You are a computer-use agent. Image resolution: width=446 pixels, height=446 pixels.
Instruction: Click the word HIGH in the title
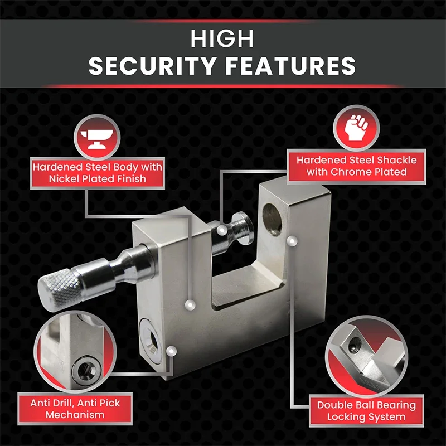tap(222, 40)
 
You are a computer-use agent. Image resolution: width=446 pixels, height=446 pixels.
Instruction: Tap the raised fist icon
tap(355, 129)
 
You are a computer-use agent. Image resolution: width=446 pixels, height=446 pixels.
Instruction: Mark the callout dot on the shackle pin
tap(222, 229)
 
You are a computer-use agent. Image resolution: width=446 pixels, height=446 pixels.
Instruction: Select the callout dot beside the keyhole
tap(171, 351)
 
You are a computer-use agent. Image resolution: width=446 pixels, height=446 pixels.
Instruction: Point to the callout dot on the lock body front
tap(190, 304)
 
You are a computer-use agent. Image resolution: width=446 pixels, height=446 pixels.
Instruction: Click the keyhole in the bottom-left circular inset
tap(85, 368)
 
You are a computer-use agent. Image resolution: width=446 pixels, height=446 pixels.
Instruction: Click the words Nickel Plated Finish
tap(97, 180)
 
